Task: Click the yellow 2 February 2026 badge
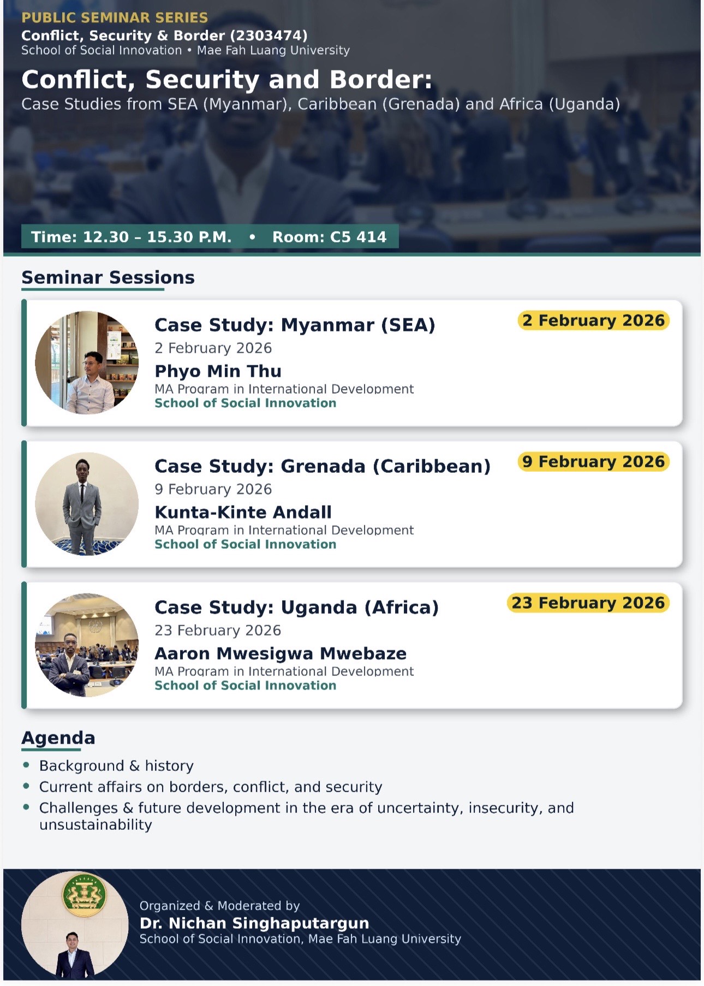[593, 320]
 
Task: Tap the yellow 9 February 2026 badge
[593, 461]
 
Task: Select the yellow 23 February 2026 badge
[588, 603]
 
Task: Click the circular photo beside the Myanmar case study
[87, 363]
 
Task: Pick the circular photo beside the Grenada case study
[87, 503]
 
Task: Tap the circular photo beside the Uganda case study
[87, 645]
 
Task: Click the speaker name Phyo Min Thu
[218, 371]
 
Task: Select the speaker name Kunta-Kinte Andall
[243, 512]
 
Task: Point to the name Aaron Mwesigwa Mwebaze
[281, 654]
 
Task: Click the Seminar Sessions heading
[108, 277]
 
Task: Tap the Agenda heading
[58, 738]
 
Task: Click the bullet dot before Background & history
[26, 765]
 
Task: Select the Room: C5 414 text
[329, 237]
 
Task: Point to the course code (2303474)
[269, 35]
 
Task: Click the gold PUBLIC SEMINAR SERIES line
[115, 17]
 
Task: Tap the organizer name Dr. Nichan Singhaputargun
[254, 923]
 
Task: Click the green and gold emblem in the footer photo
[85, 894]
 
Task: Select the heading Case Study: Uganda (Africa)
[296, 607]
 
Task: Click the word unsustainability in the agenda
[96, 824]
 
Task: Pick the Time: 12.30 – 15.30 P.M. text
[131, 237]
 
